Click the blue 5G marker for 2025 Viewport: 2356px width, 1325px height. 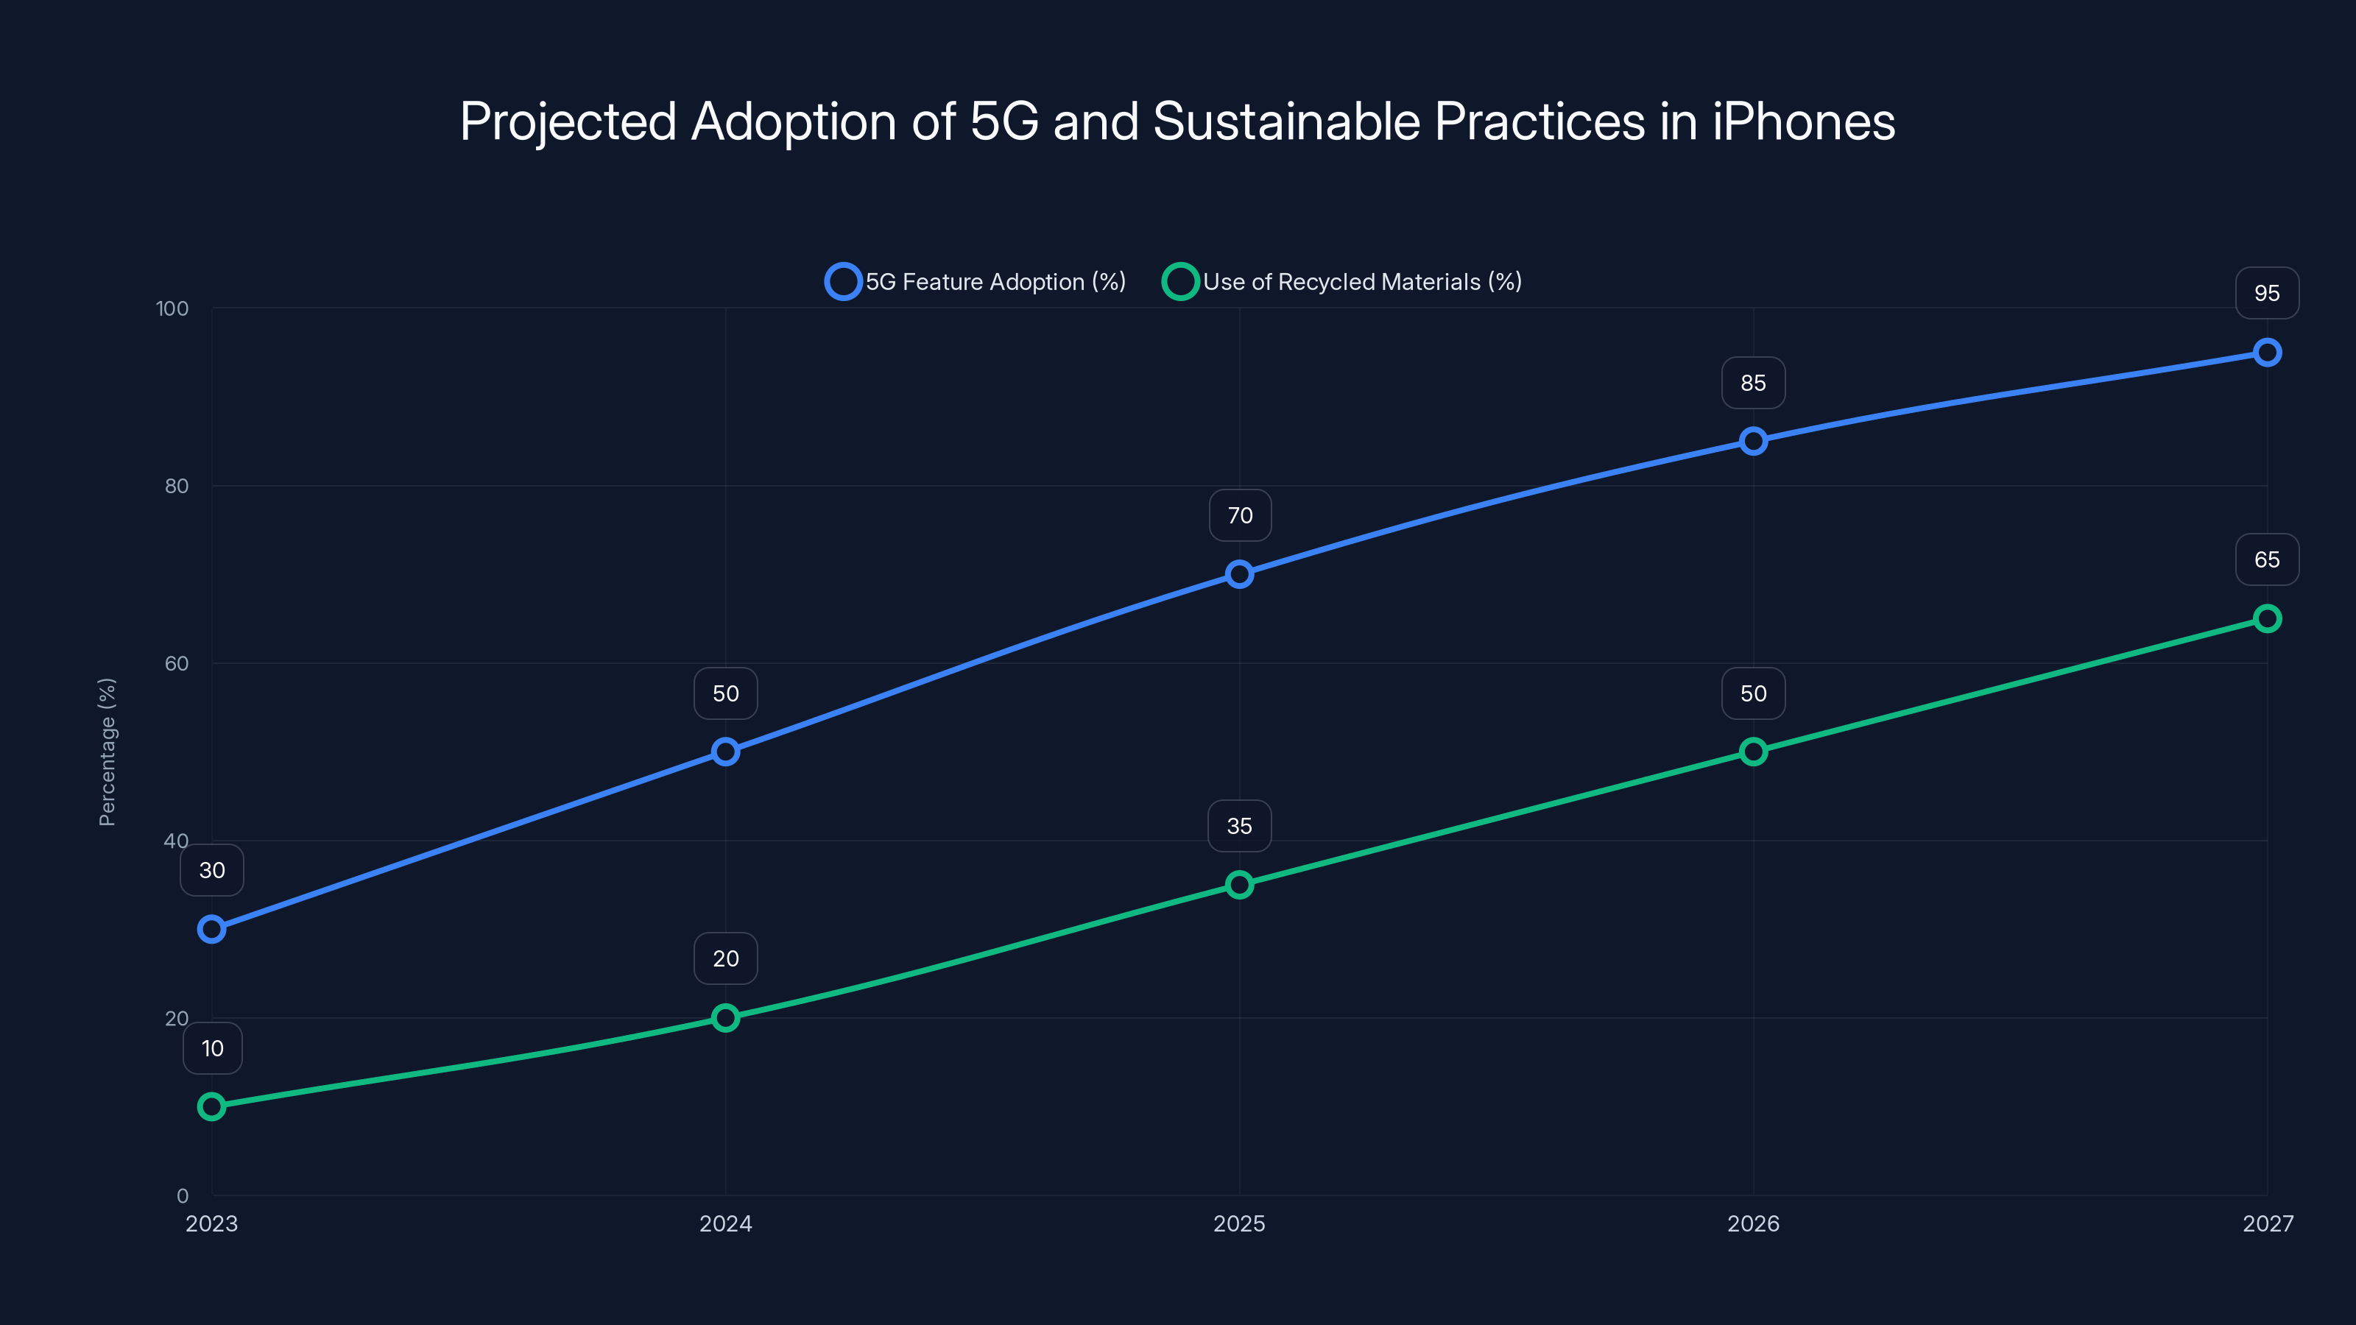(x=1239, y=574)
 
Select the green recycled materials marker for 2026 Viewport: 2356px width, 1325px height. (x=1753, y=752)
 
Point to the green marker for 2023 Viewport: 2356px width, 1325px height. (x=211, y=1106)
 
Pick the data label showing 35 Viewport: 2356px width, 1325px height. (x=1239, y=826)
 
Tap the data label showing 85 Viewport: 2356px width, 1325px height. (x=1752, y=383)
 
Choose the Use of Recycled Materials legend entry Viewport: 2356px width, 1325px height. (x=1341, y=282)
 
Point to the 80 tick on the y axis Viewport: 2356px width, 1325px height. (x=177, y=486)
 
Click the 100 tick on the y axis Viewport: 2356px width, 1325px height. (x=172, y=308)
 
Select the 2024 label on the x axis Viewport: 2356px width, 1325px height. (x=725, y=1223)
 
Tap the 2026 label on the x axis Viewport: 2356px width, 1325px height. (x=1752, y=1223)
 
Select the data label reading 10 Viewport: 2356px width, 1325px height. (x=212, y=1048)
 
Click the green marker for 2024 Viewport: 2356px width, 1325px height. (x=725, y=1018)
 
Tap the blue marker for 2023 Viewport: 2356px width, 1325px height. (x=211, y=929)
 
